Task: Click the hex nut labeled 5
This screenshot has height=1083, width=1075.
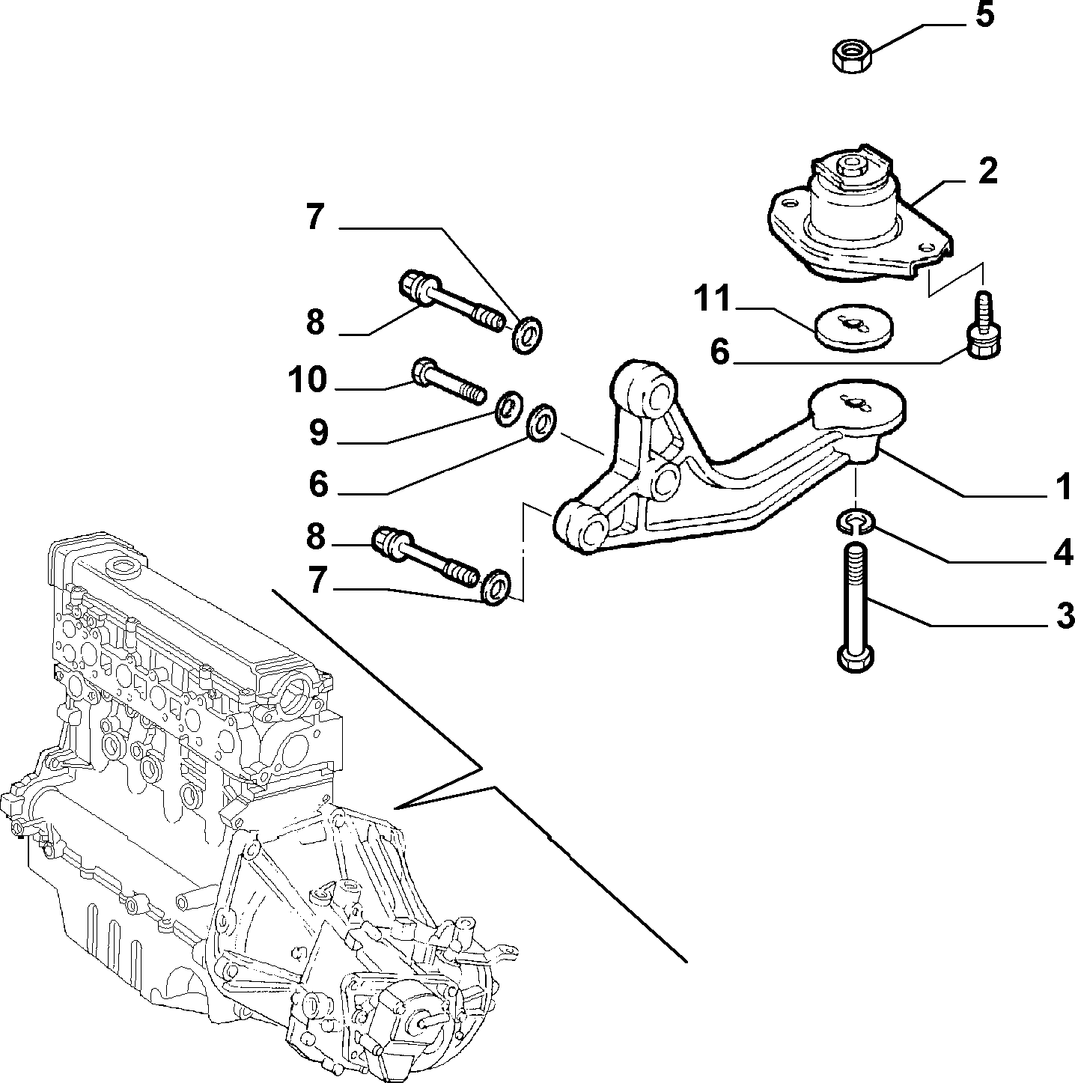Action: tap(853, 55)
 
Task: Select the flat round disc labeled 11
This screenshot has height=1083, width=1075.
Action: tap(855, 328)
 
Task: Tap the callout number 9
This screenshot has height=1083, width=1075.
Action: tap(318, 433)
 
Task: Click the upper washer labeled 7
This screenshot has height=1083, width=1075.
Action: tap(527, 335)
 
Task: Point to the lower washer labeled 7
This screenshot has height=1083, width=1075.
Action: tap(496, 587)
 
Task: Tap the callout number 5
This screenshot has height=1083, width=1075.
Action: tap(984, 15)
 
